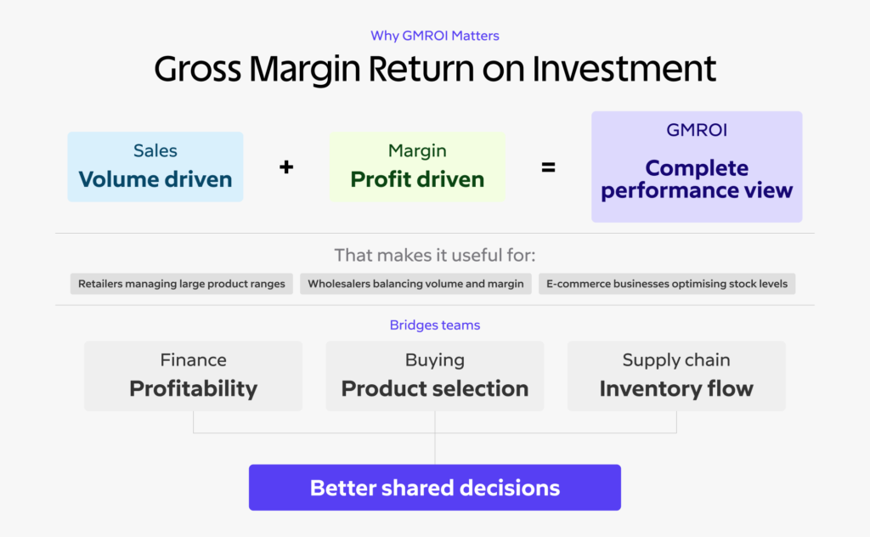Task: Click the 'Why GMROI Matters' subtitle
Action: (434, 36)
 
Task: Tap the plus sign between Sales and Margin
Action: (286, 167)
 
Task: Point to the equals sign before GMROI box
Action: (549, 167)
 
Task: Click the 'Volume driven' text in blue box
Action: (155, 179)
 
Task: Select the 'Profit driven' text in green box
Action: (417, 179)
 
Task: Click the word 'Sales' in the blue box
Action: (155, 151)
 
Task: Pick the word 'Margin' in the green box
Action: (417, 150)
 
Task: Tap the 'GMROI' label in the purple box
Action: (697, 132)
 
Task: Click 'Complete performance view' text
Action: (697, 179)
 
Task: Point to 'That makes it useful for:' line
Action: (435, 255)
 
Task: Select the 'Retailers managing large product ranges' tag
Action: (182, 284)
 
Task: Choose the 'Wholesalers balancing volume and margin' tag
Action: (415, 284)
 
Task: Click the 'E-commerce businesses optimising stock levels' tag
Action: (667, 284)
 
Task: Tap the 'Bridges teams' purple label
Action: (434, 325)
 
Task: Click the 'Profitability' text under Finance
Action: (193, 389)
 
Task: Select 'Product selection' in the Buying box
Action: (434, 389)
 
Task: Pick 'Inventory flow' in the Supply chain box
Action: (676, 389)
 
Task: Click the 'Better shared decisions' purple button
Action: (434, 488)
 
